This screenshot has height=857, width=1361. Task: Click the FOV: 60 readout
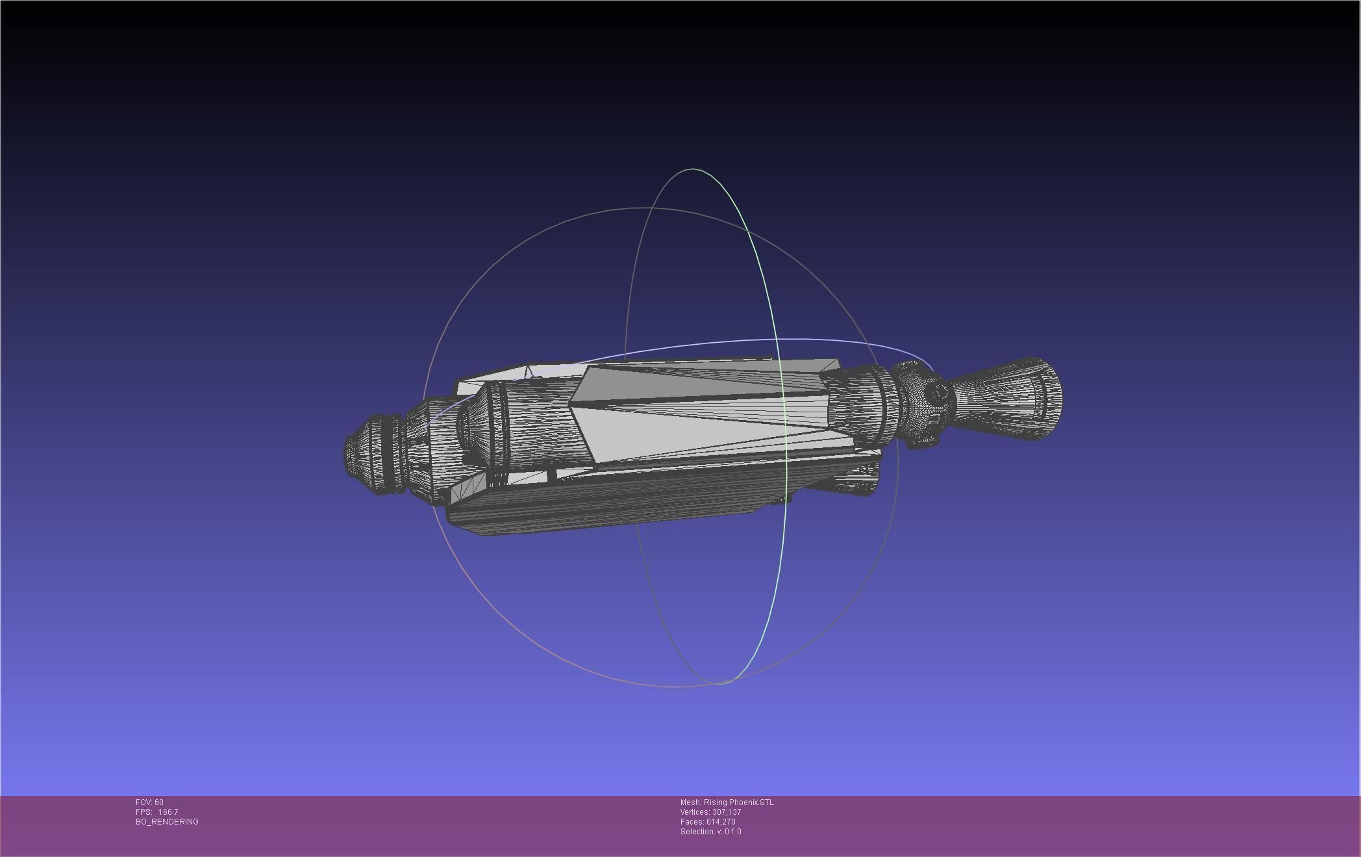tap(149, 802)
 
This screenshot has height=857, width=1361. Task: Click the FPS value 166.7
tap(168, 812)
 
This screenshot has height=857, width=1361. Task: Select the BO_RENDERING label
tap(167, 822)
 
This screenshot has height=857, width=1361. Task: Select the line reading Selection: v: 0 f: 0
tap(710, 832)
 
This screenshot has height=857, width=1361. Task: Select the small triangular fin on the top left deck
tap(529, 373)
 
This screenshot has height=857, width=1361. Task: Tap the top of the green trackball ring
tap(693, 169)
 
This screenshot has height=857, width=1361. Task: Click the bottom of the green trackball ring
tap(719, 682)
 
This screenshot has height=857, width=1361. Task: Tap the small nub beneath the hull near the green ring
tap(783, 499)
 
